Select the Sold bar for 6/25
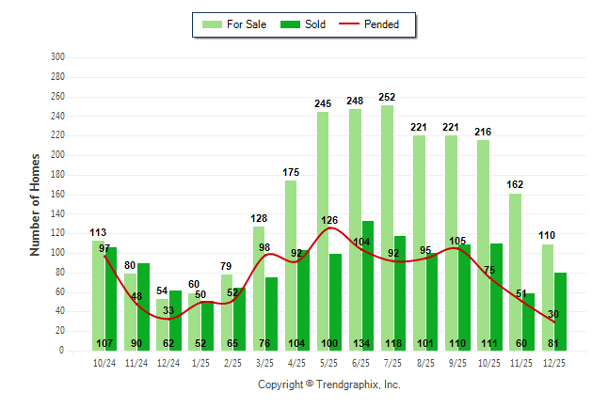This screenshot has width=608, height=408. (368, 282)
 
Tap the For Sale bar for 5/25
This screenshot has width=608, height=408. (323, 230)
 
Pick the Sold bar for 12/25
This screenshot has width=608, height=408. (561, 310)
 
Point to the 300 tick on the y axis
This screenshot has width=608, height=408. (57, 57)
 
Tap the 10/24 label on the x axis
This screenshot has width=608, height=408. (104, 361)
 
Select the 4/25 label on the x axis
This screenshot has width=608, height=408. (297, 361)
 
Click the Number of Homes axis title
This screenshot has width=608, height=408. (35, 204)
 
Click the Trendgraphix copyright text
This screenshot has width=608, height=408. (329, 384)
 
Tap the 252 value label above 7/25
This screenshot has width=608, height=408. (387, 97)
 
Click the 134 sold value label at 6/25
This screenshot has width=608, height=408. (361, 343)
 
